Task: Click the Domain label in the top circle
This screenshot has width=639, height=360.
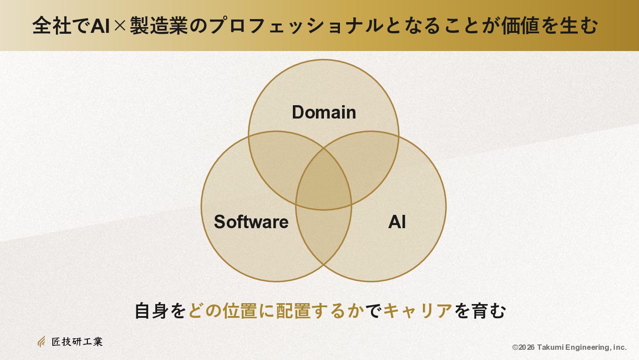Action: pos(324,112)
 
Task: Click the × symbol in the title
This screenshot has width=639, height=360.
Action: pos(120,26)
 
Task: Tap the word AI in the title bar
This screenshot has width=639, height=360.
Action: pos(100,26)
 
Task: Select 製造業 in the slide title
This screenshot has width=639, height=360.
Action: pos(159,26)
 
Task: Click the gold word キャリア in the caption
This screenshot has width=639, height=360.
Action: pos(418,311)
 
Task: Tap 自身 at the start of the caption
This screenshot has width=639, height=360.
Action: pos(151,311)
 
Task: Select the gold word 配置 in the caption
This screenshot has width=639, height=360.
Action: pos(294,311)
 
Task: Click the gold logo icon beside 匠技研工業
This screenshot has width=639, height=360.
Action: pos(41,341)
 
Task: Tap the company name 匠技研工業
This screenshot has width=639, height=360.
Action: pos(77,342)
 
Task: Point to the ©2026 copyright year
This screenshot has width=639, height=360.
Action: pos(523,348)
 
